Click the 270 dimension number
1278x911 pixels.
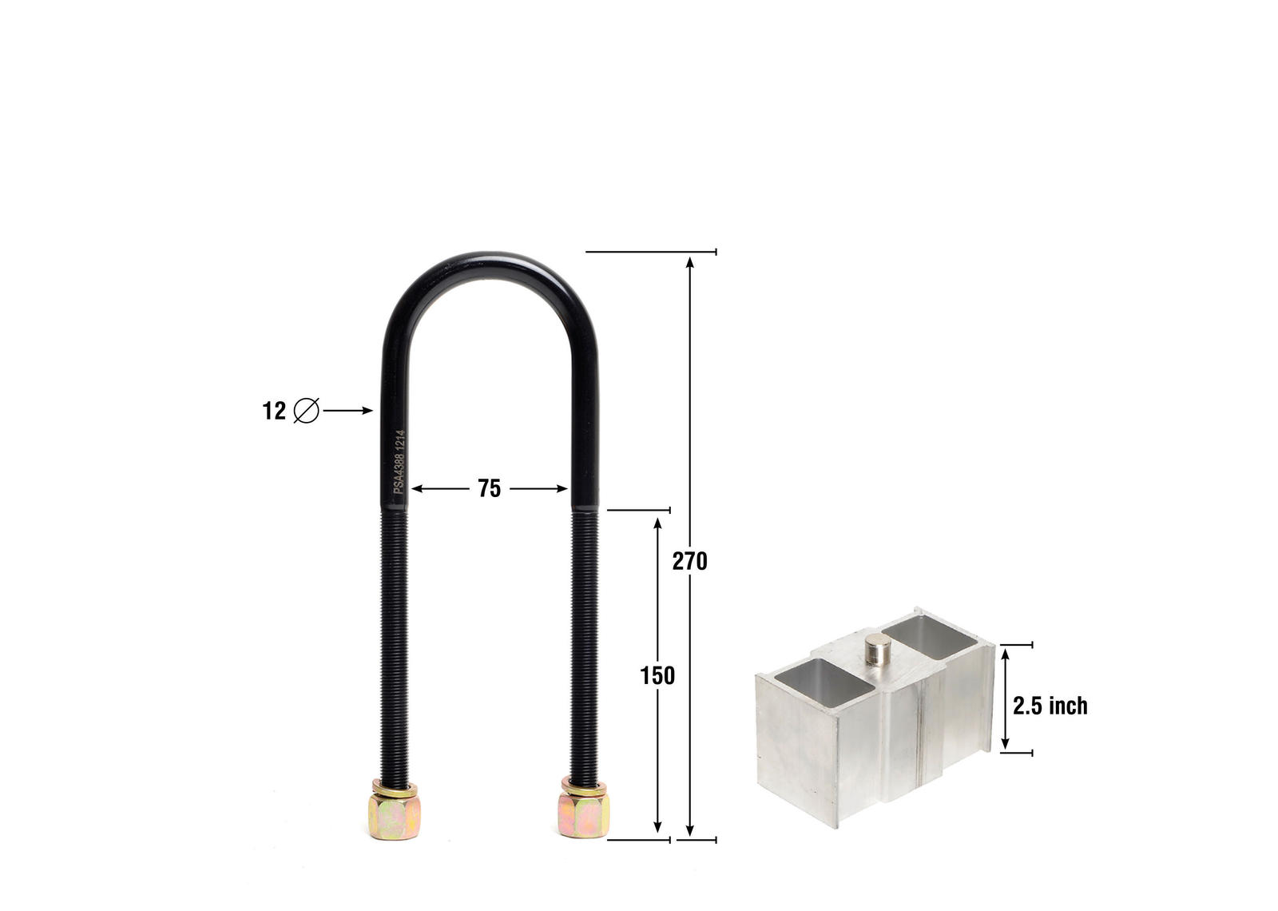(689, 562)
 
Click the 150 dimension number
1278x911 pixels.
(657, 676)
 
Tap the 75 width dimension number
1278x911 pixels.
(489, 488)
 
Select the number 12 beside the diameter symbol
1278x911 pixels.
(274, 411)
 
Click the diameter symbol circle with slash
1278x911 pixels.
(307, 411)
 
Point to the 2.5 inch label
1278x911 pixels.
(1050, 706)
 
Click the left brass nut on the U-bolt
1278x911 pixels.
(395, 812)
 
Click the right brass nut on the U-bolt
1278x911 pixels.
(584, 812)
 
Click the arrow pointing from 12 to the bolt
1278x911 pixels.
(348, 411)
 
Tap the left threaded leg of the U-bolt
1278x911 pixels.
(395, 639)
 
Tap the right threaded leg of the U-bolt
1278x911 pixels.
(585, 639)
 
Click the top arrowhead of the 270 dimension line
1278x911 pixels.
(690, 261)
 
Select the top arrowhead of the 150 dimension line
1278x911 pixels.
(657, 523)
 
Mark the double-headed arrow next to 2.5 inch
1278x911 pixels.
(1006, 699)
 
